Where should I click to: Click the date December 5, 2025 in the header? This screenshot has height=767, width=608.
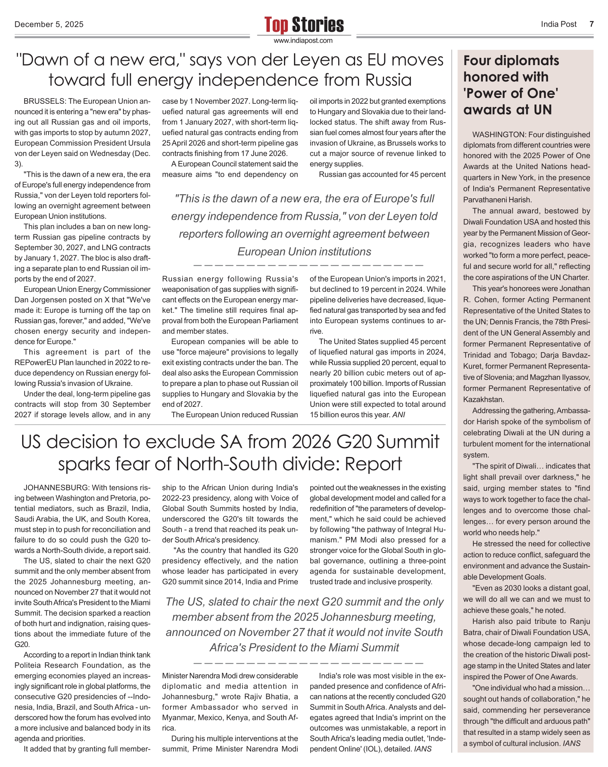(49, 25)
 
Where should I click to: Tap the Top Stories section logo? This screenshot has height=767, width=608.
(304, 25)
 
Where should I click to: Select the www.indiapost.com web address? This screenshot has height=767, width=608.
(303, 41)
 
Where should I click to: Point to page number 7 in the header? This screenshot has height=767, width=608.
(592, 24)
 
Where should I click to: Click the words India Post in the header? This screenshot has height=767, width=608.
(559, 24)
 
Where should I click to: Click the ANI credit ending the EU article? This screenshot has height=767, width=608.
(398, 415)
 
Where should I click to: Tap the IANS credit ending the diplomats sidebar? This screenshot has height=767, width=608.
(572, 743)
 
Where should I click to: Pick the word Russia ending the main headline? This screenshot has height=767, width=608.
(388, 80)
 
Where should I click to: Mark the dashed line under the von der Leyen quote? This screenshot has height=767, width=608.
(308, 266)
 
